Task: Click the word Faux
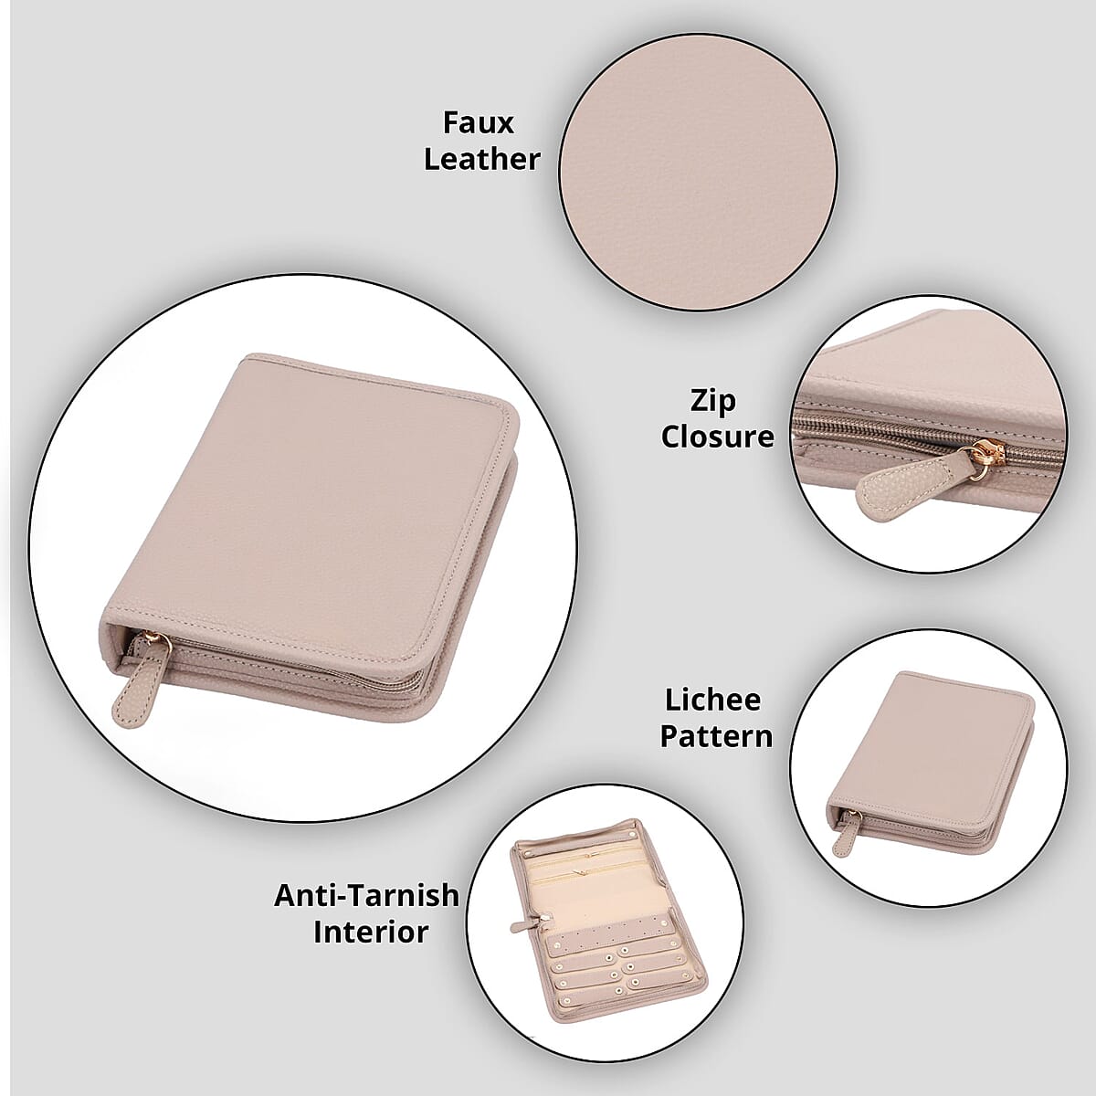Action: click(478, 122)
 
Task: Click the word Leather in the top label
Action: click(481, 159)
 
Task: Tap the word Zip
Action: click(713, 400)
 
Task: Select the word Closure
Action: click(717, 437)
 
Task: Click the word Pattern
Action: click(716, 736)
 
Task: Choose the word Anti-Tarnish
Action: click(366, 895)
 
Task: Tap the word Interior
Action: click(371, 932)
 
